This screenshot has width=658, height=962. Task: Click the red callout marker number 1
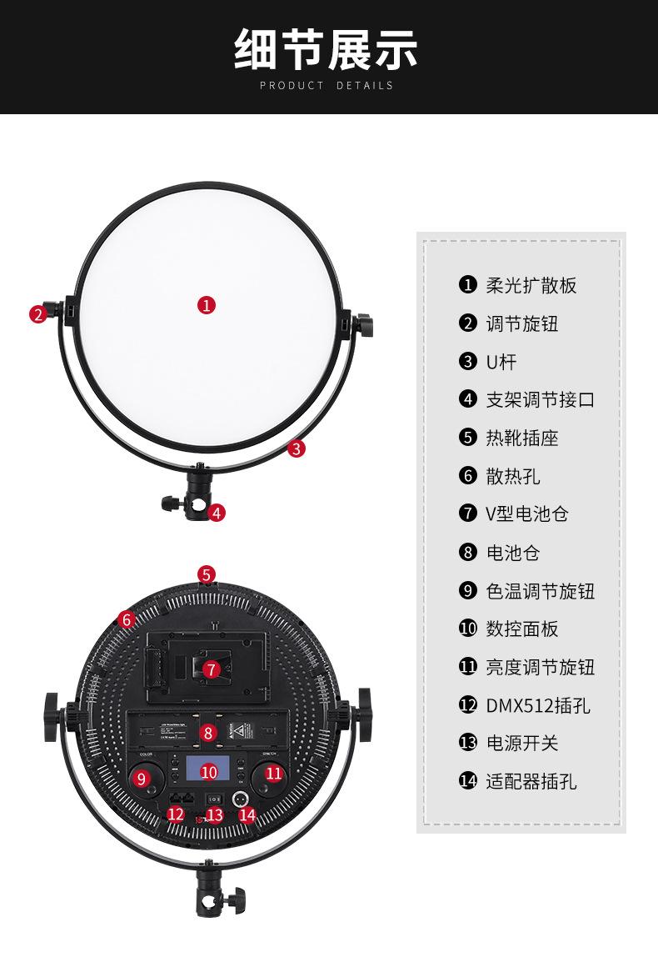[207, 305]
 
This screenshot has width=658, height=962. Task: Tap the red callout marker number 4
[217, 513]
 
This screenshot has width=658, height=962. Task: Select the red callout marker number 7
[211, 669]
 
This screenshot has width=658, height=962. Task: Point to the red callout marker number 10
[209, 772]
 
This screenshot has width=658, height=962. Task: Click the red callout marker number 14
[247, 814]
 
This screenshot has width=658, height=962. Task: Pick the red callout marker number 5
[207, 574]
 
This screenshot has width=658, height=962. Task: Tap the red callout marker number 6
[127, 619]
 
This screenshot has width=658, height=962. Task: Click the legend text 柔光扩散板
[531, 285]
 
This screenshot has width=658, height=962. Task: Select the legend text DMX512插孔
[538, 705]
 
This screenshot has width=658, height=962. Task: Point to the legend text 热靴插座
[522, 438]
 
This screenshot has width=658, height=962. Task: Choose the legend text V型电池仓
[527, 514]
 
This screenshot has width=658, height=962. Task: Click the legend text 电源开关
[522, 743]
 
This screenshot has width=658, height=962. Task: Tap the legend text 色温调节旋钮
[541, 591]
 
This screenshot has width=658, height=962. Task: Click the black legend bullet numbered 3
[467, 362]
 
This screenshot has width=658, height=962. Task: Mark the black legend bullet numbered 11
[467, 667]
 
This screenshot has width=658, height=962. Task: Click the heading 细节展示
[326, 48]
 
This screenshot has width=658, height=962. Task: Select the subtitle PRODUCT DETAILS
[326, 85]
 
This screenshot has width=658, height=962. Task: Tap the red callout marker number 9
[141, 779]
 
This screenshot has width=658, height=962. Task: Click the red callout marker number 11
[274, 773]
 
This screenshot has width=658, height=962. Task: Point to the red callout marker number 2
[37, 314]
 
